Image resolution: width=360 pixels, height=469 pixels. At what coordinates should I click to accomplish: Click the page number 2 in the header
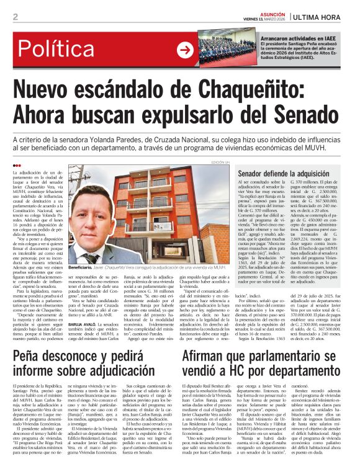[x=15, y=16]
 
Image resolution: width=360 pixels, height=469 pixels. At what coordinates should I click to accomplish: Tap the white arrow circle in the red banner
[x=185, y=50]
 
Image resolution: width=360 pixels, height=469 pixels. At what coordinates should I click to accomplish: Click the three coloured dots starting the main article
[x=17, y=165]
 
